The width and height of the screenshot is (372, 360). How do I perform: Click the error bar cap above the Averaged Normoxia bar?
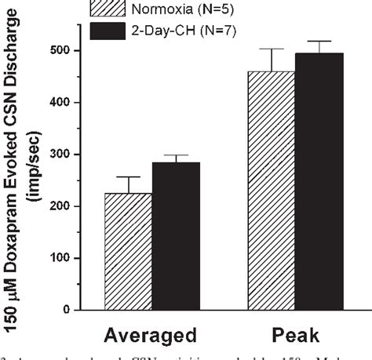129,177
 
